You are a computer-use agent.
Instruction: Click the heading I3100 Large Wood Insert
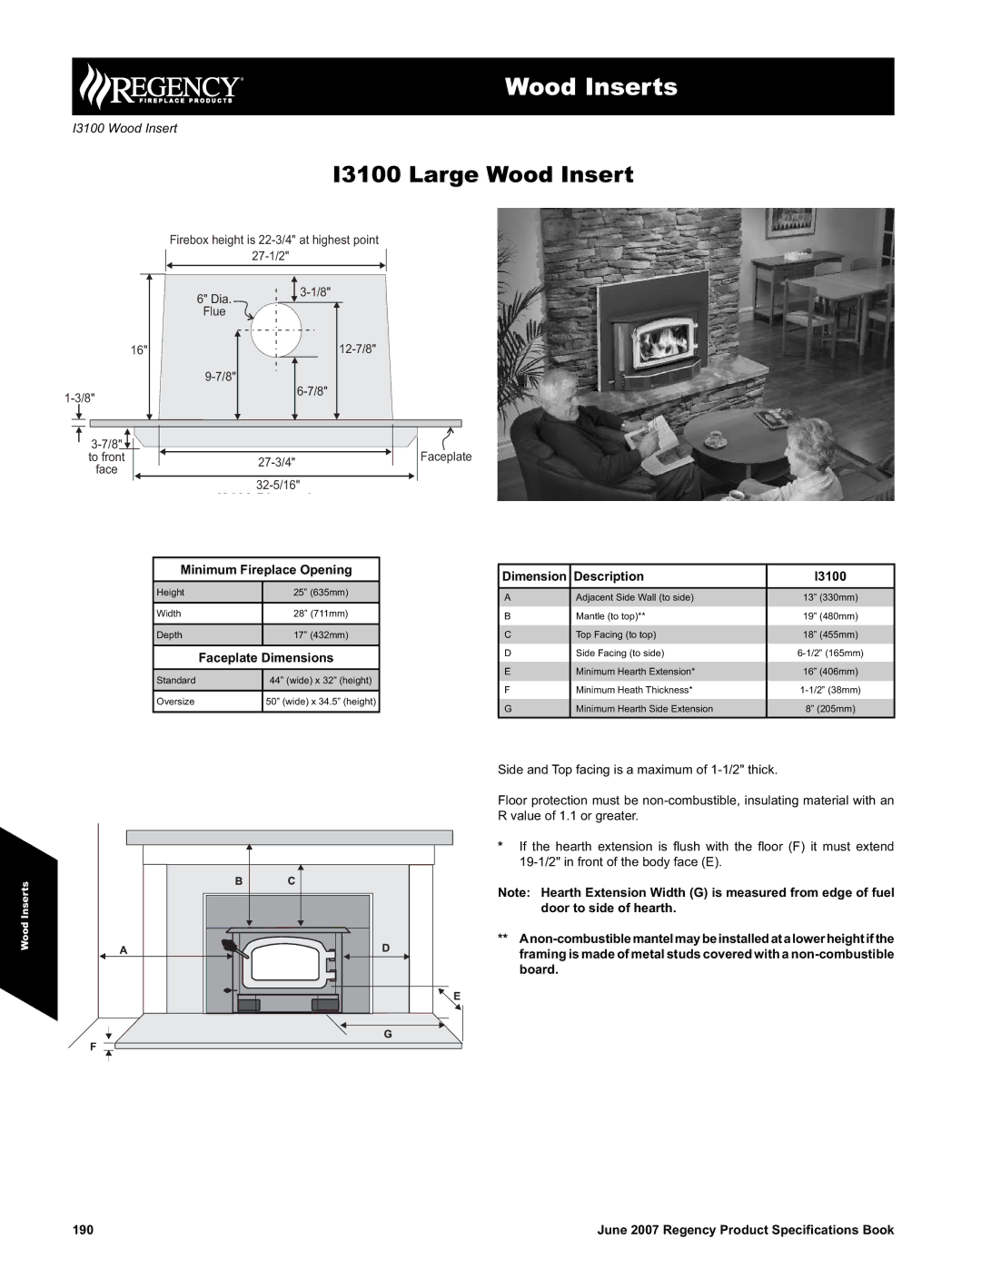pyautogui.click(x=483, y=174)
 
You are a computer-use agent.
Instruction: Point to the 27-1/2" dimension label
pyautogui.click(x=270, y=256)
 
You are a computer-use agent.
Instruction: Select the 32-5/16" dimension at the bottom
pyautogui.click(x=277, y=485)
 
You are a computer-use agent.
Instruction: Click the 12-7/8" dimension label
pyautogui.click(x=357, y=349)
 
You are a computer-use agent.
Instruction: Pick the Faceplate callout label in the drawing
pyautogui.click(x=446, y=457)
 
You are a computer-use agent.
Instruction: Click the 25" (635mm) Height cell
pyautogui.click(x=321, y=593)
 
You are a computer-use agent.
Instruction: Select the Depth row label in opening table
pyautogui.click(x=170, y=635)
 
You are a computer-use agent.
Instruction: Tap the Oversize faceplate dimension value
pyautogui.click(x=321, y=702)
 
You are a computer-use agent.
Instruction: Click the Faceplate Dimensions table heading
pyautogui.click(x=266, y=658)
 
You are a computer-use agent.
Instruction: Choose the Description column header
pyautogui.click(x=609, y=576)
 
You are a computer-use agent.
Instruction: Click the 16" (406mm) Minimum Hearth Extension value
pyautogui.click(x=830, y=672)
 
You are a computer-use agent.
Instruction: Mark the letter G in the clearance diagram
pyautogui.click(x=387, y=1034)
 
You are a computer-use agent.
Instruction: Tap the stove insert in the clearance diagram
pyautogui.click(x=288, y=970)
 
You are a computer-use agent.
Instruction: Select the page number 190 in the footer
pyautogui.click(x=84, y=1230)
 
